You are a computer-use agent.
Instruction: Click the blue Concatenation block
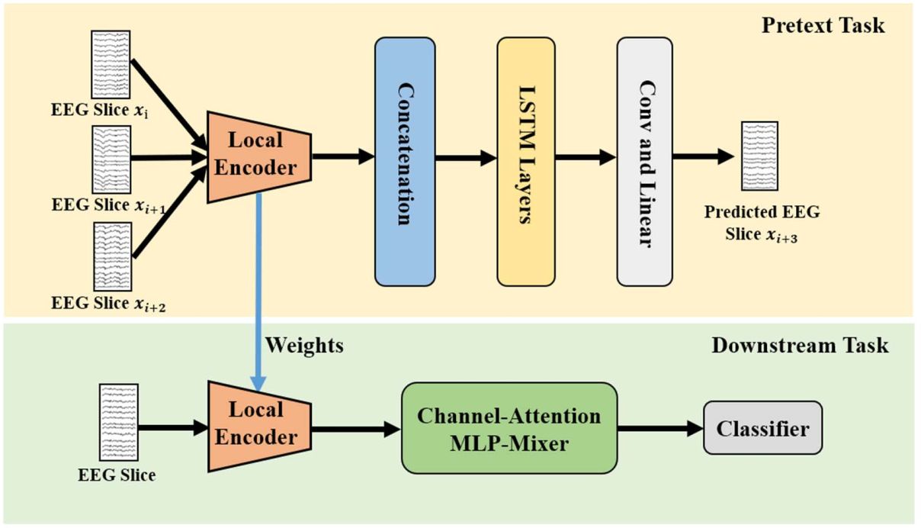click(x=405, y=161)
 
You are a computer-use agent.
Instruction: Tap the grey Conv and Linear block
click(x=644, y=161)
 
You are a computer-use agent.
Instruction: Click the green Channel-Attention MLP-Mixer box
click(x=509, y=428)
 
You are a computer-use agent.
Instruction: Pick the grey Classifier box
click(x=762, y=428)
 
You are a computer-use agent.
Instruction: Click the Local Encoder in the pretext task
click(x=258, y=155)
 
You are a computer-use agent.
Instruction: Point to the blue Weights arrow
click(x=259, y=290)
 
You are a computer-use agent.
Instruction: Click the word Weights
click(x=304, y=345)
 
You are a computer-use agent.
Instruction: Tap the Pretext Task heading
click(x=823, y=24)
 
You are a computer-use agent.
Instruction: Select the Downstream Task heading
click(x=800, y=345)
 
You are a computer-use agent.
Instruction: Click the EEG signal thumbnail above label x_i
click(x=111, y=63)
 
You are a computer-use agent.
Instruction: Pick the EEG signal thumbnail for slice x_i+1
click(x=111, y=159)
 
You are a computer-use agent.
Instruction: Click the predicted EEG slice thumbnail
click(x=759, y=156)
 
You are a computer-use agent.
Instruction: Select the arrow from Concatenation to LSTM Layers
click(x=466, y=159)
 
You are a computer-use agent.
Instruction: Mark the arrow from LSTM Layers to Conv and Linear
click(x=585, y=158)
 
